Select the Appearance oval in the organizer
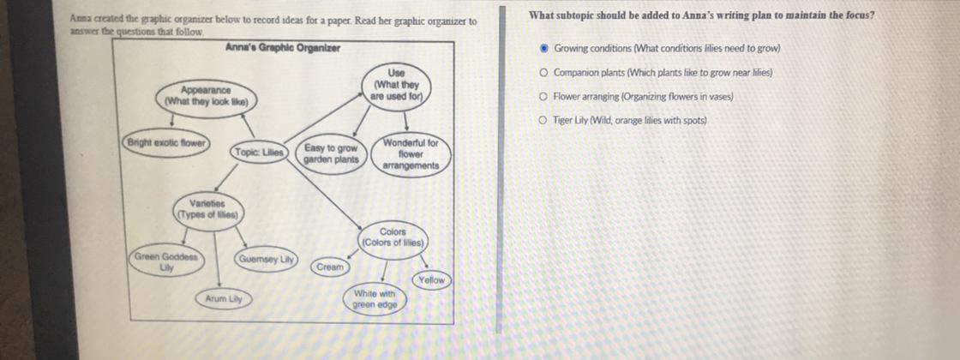pyautogui.click(x=206, y=95)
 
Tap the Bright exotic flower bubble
pyautogui.click(x=167, y=142)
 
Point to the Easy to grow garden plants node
pyautogui.click(x=331, y=153)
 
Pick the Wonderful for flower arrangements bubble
pyautogui.click(x=411, y=154)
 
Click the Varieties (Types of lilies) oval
pyautogui.click(x=207, y=209)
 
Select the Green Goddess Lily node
pyautogui.click(x=165, y=262)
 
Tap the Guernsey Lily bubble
pyautogui.click(x=267, y=258)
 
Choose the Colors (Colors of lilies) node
pyautogui.click(x=393, y=237)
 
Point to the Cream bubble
pyautogui.click(x=330, y=267)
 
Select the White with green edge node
pyautogui.click(x=375, y=299)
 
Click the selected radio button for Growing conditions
pyautogui.click(x=544, y=49)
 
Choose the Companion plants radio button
pyautogui.click(x=544, y=73)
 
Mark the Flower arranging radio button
pyautogui.click(x=544, y=97)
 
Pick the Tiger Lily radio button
pyautogui.click(x=544, y=121)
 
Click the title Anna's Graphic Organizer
pyautogui.click(x=282, y=47)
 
